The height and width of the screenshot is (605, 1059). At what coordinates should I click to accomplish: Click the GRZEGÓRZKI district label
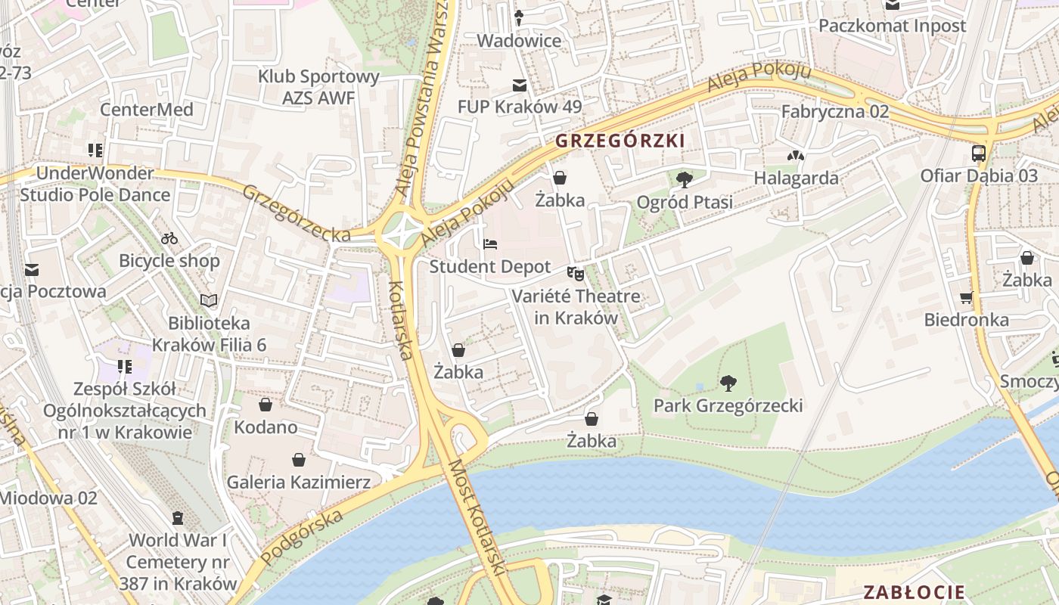620,141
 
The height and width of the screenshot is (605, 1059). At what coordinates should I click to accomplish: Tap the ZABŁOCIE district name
915,592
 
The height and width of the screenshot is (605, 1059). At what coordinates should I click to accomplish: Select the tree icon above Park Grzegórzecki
728,383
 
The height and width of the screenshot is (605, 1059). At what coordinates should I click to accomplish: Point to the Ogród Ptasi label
685,202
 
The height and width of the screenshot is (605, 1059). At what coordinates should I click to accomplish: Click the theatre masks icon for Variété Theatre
576,274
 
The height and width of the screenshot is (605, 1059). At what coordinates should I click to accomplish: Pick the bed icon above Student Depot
490,244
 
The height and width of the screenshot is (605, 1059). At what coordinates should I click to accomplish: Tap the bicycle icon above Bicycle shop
169,239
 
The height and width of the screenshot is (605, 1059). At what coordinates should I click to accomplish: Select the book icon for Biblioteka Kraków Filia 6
209,301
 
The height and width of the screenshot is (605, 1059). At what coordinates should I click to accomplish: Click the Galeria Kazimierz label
299,482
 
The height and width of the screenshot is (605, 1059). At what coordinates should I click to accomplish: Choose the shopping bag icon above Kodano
265,405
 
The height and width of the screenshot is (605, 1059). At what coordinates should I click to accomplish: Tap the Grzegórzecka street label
296,213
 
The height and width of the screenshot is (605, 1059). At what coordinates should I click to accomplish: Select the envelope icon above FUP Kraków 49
519,85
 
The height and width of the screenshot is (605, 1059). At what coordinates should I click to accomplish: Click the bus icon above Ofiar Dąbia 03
979,154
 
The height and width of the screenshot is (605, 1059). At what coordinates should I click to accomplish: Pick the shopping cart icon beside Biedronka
966,297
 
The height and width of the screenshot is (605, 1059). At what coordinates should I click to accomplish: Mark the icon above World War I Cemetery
178,518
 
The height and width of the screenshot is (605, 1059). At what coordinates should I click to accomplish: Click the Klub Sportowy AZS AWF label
318,87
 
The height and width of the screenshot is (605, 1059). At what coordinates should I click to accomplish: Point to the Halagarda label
796,178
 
